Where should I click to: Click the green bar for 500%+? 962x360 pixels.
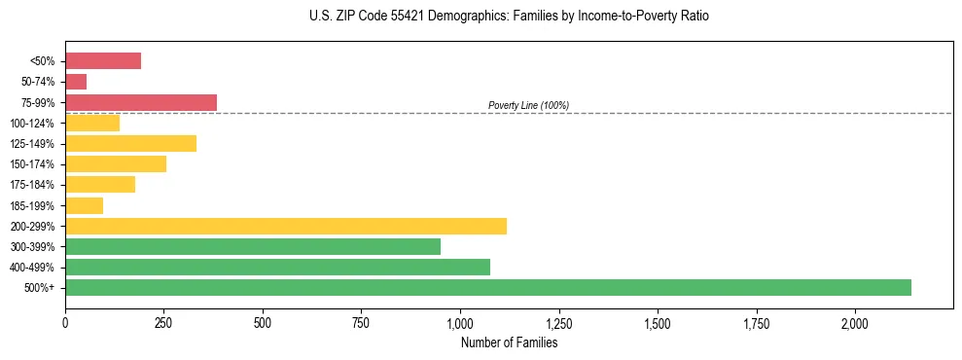coord(488,287)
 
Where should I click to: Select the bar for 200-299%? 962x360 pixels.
coord(286,226)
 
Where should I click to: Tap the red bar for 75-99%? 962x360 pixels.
coord(141,102)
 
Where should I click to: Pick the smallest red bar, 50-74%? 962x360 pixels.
coord(76,82)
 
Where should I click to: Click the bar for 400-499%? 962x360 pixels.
coord(277,267)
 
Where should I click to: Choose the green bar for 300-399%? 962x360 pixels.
coord(253,246)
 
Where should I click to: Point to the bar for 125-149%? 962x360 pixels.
coord(130,143)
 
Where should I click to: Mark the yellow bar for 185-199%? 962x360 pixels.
coord(84,205)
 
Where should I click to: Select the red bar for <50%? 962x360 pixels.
coord(103,61)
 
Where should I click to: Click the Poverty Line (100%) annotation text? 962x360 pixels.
coord(528,105)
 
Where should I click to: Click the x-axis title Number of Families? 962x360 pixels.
coord(510,343)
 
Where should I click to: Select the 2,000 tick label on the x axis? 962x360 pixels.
coord(855,322)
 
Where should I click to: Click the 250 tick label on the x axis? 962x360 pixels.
coord(163,322)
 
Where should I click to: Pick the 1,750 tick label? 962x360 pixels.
coord(756,322)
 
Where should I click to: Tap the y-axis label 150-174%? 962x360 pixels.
coord(34,164)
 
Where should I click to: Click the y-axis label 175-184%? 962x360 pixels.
coord(34,185)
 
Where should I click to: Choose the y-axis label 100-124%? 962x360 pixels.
coord(34,123)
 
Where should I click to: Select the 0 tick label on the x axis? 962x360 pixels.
coord(65,322)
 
